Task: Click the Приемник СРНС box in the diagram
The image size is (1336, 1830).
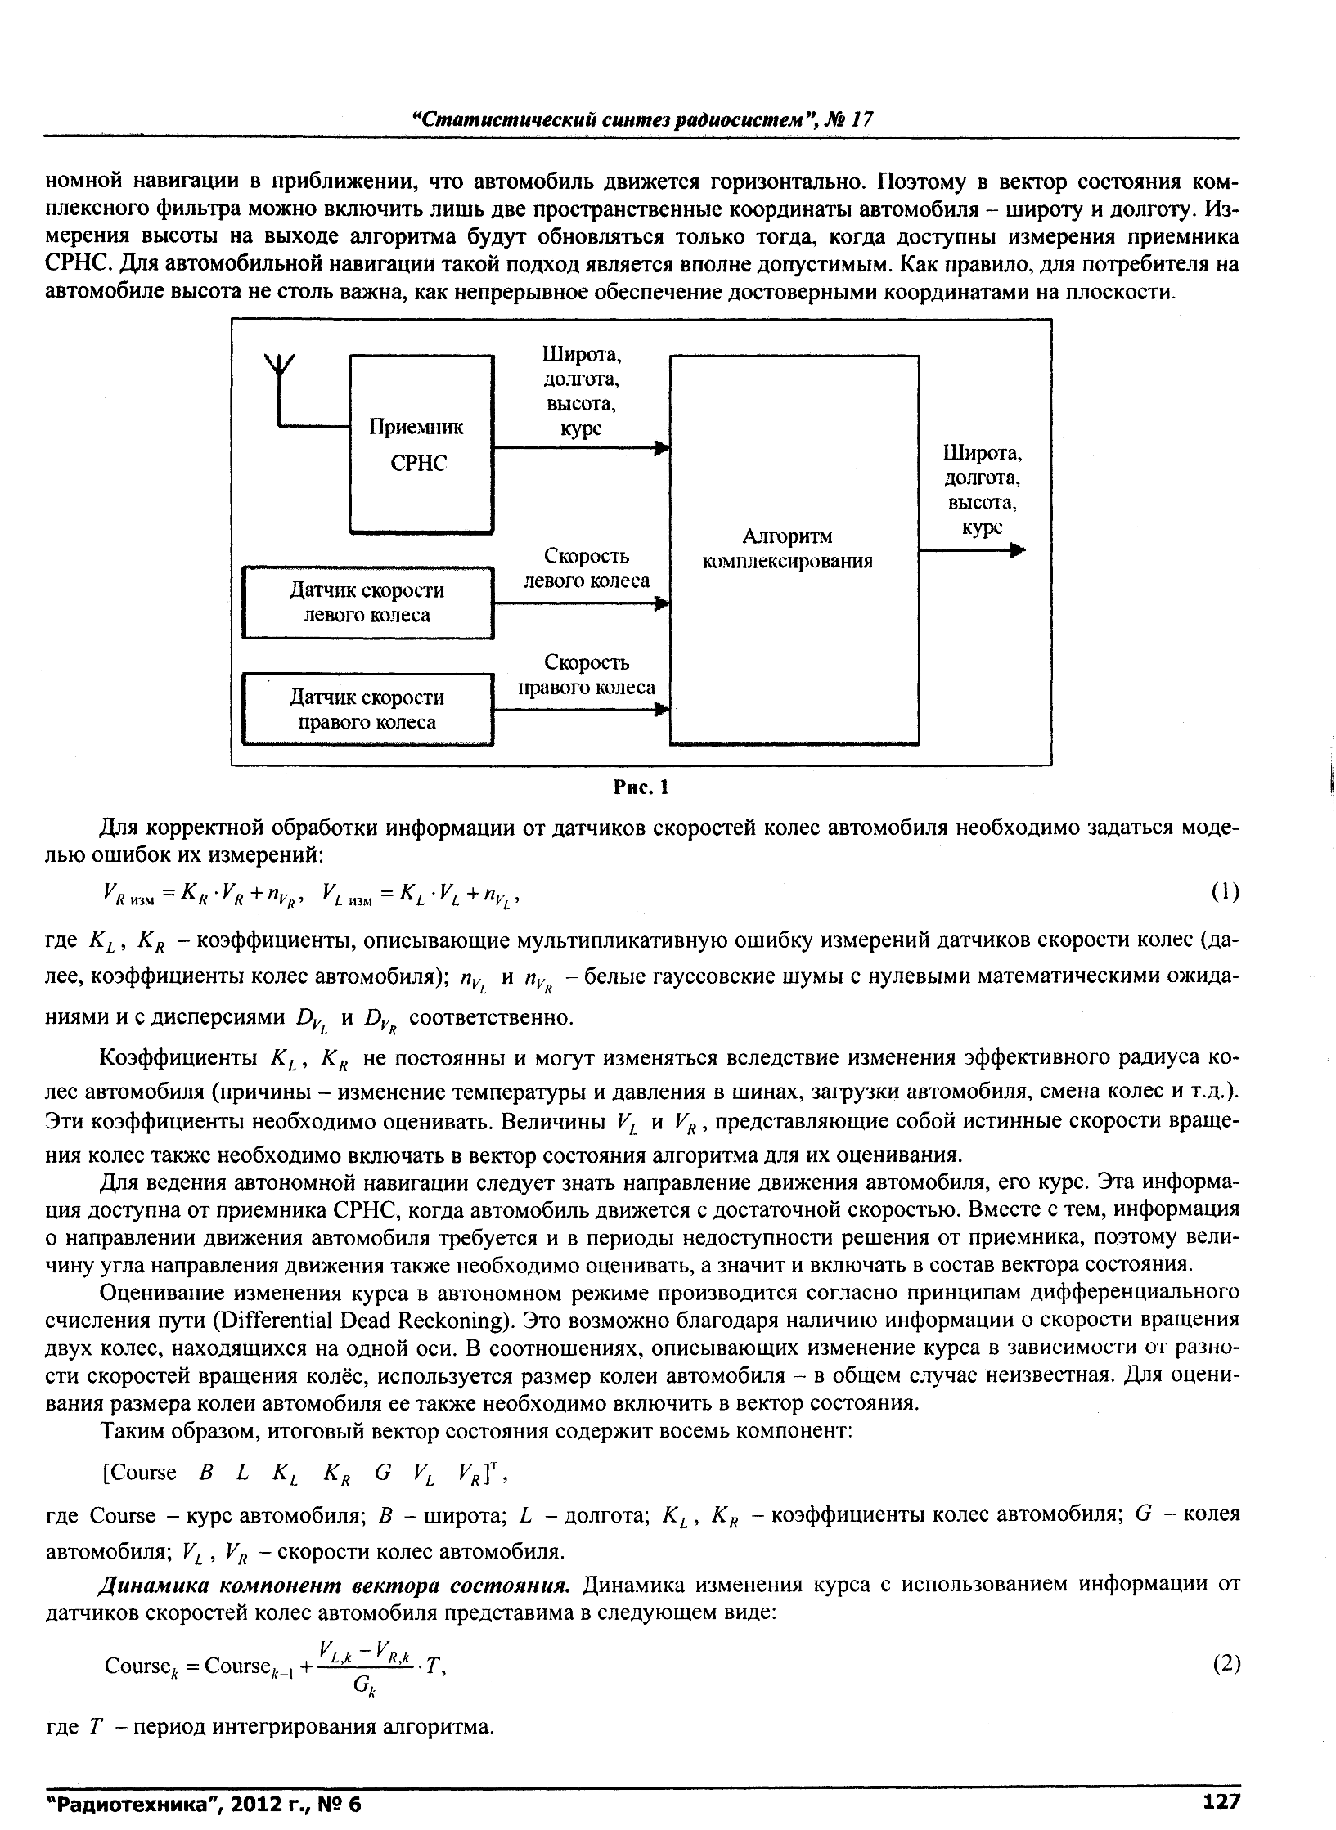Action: pos(421,444)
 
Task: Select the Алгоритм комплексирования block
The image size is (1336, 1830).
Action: pos(794,549)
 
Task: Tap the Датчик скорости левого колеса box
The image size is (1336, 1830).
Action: pos(368,603)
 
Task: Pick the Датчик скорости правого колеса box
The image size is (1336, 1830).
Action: pos(368,709)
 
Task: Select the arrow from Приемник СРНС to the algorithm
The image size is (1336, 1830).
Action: pos(582,448)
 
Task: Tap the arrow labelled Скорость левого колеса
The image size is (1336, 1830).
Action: pos(582,604)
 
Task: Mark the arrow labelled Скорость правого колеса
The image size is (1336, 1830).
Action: pos(582,711)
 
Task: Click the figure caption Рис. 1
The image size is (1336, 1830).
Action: pos(641,787)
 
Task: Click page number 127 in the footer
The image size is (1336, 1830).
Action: pos(1221,1801)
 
